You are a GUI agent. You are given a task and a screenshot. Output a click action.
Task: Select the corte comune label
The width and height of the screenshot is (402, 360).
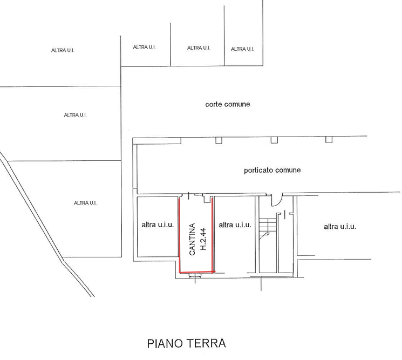click(228, 104)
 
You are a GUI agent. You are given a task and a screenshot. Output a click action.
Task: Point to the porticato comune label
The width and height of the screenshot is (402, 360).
click(272, 170)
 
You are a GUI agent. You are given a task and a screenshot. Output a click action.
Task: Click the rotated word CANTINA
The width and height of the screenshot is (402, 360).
click(192, 239)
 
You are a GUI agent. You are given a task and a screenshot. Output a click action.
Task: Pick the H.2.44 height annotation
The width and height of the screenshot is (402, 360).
click(203, 239)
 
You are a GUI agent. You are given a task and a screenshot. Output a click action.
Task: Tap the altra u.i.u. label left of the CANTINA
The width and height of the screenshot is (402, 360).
click(158, 225)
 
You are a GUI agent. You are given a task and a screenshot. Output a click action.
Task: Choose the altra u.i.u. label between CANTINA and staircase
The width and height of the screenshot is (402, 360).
click(235, 225)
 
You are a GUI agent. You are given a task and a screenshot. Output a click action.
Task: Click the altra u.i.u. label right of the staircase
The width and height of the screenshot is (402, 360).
click(340, 227)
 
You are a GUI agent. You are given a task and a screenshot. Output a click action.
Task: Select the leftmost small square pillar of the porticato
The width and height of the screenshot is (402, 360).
click(219, 140)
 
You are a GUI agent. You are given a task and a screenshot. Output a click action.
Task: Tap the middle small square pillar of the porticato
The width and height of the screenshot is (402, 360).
click(274, 140)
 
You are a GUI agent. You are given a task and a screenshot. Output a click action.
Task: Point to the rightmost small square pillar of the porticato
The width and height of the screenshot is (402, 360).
click(329, 139)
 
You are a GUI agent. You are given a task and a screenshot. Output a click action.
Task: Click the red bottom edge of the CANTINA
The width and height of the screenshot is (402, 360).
click(197, 271)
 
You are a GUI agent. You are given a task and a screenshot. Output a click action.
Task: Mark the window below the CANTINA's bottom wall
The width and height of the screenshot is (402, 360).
click(195, 276)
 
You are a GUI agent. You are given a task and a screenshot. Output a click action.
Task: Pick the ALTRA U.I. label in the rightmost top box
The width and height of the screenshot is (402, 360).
click(242, 49)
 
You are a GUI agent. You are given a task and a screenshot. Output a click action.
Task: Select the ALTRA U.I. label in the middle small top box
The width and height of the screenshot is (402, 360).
click(199, 48)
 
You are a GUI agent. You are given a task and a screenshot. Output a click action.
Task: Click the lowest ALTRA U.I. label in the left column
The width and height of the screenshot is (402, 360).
click(85, 203)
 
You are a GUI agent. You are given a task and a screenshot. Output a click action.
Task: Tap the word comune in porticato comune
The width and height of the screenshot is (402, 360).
click(288, 170)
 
